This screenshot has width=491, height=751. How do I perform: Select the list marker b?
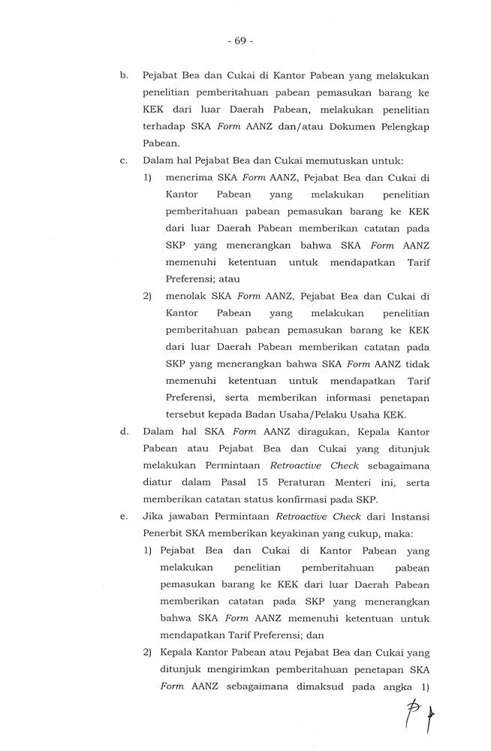(x=123, y=76)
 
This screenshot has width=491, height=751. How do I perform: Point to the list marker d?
(x=123, y=431)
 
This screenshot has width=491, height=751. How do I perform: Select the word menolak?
(x=182, y=295)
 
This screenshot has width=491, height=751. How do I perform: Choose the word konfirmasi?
(x=314, y=499)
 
